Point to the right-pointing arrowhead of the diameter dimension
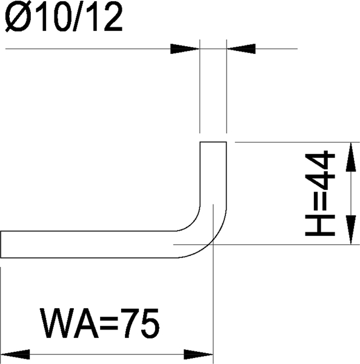click(x=185, y=49)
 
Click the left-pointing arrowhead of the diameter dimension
click(x=241, y=49)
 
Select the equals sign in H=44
click(x=320, y=201)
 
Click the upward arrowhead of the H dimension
click(x=351, y=157)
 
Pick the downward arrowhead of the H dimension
click(x=351, y=230)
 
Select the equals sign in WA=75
click(x=109, y=323)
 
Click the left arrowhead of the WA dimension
click(x=15, y=354)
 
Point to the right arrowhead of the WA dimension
click(x=198, y=354)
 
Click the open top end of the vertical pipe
click(x=213, y=142)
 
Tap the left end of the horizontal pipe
click(x=1, y=244)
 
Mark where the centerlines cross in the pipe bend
click(x=213, y=244)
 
